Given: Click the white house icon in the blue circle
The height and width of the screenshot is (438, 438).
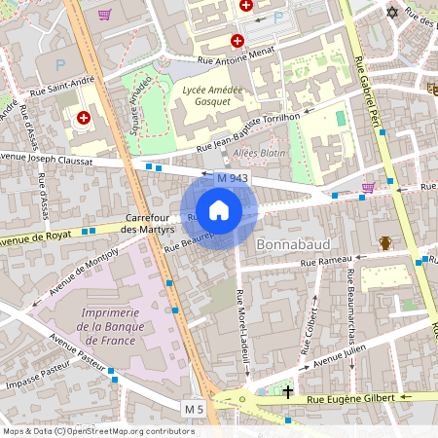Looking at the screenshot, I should [x=219, y=209].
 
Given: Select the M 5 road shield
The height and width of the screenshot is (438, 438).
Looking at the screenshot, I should [x=194, y=405].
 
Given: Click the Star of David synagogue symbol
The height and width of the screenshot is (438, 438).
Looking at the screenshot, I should [x=393, y=13].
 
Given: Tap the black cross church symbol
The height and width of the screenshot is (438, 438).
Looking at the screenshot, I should [x=288, y=393].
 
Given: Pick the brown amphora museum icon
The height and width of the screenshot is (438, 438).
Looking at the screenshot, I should [x=385, y=242].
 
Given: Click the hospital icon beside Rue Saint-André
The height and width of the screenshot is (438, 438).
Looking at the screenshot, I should [x=83, y=118].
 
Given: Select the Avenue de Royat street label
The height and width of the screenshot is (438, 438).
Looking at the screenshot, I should [x=37, y=236].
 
